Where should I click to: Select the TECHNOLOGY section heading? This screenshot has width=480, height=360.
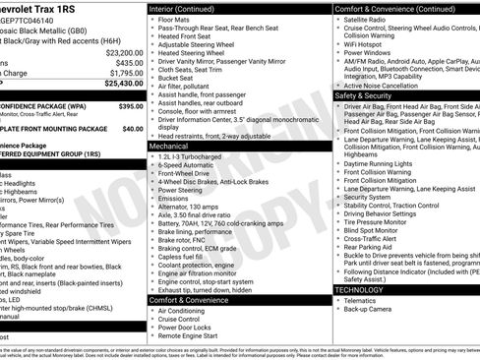359,290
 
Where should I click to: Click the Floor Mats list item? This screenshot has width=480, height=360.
174,19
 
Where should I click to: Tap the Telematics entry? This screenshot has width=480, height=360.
361,301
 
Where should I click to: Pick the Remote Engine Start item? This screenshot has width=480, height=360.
187,335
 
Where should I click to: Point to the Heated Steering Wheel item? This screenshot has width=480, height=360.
192,53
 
